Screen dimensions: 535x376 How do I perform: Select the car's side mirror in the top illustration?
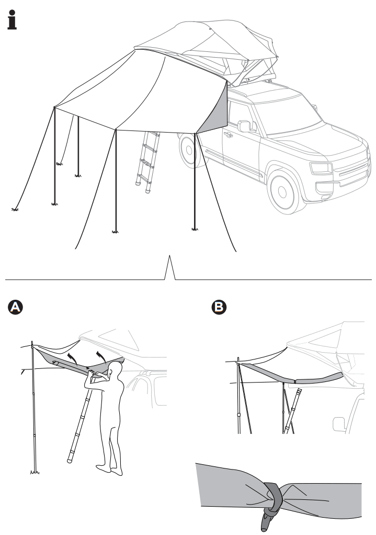[244, 126]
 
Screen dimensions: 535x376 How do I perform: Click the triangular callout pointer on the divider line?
[169, 267]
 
